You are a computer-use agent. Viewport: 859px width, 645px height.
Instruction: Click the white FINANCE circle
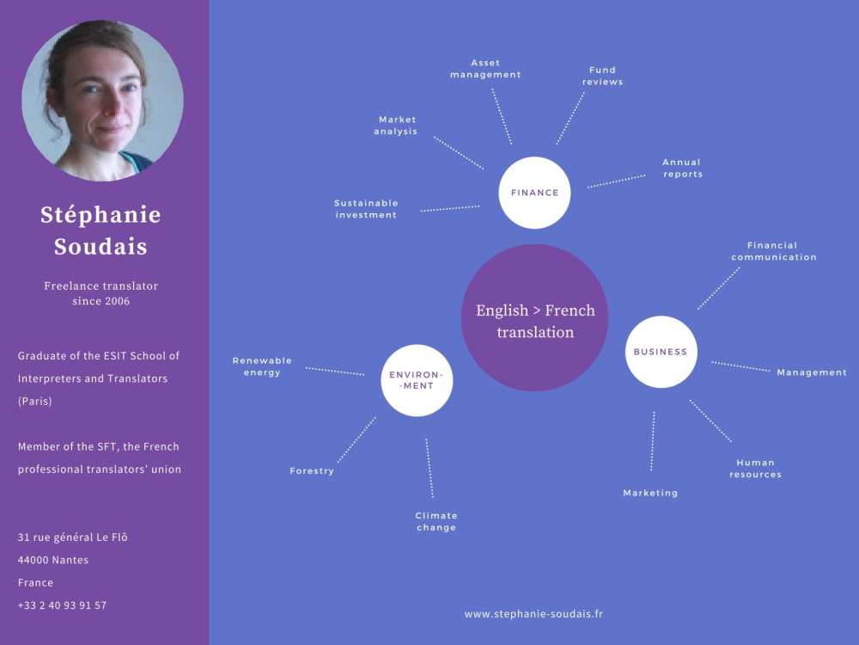[x=534, y=193]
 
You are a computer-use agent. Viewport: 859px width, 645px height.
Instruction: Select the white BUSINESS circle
[x=661, y=352]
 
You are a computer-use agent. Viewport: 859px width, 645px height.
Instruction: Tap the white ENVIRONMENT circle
[x=417, y=380]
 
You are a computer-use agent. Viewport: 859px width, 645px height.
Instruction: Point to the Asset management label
[x=485, y=69]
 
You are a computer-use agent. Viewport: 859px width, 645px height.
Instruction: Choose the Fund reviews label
[x=602, y=76]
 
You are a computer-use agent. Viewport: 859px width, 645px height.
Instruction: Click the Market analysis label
[x=396, y=126]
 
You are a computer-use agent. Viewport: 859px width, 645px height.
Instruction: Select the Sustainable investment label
[x=366, y=209]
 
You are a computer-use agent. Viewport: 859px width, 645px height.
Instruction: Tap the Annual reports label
[x=682, y=168]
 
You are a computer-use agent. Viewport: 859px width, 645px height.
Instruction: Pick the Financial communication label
[x=773, y=251]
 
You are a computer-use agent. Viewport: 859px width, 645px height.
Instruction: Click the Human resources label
[x=755, y=468]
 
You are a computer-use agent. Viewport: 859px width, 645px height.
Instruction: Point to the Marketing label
[x=650, y=493]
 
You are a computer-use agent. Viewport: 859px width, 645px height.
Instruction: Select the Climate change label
[x=436, y=521]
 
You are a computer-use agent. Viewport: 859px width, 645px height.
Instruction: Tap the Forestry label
[x=312, y=471]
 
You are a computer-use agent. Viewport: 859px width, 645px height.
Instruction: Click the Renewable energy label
[x=262, y=366]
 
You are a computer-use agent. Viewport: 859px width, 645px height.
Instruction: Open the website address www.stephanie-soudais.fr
[x=533, y=614]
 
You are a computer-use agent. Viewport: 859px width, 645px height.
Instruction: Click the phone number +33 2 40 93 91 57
[x=62, y=605]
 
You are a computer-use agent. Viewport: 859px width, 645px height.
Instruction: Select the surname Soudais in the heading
[x=101, y=247]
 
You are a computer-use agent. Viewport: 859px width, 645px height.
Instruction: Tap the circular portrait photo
[x=102, y=100]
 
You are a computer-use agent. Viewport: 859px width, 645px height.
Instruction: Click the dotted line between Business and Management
[x=740, y=366]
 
